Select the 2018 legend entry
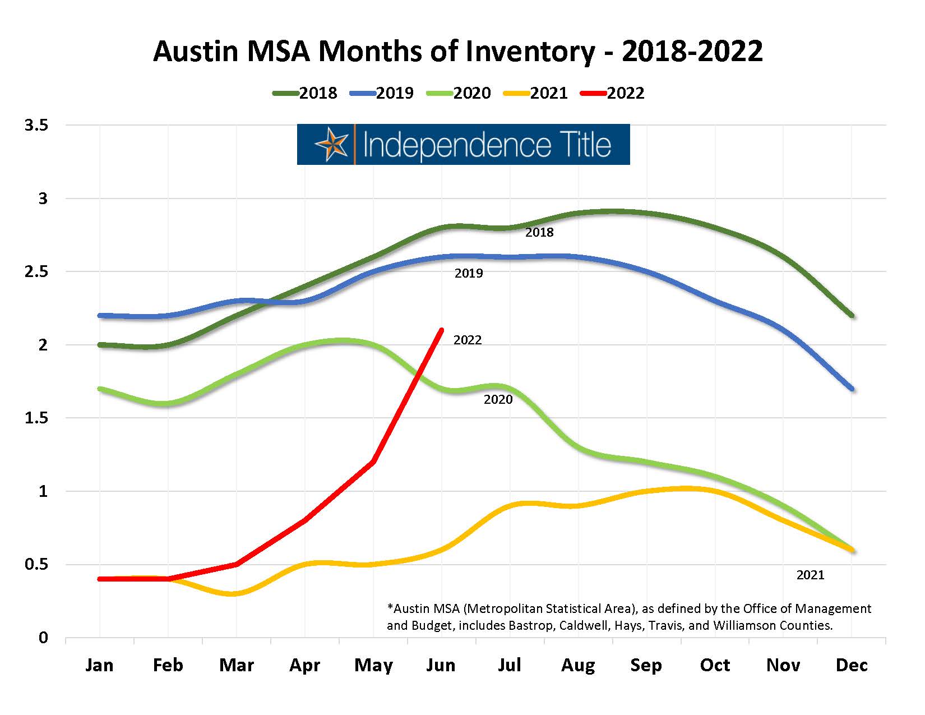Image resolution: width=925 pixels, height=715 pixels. [306, 93]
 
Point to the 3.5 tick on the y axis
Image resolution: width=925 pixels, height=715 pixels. [36, 125]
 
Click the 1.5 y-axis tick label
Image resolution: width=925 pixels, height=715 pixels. [36, 418]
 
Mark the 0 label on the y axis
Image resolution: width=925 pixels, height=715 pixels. [43, 638]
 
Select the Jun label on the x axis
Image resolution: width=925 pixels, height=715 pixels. [441, 665]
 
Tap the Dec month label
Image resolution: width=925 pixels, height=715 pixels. [852, 665]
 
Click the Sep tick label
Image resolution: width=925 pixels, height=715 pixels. [646, 665]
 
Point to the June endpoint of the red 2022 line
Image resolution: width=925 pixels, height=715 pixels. [442, 330]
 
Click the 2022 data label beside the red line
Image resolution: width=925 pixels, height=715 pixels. [468, 340]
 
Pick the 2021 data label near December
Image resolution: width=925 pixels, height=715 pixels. [811, 575]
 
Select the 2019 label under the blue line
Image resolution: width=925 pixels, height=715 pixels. [469, 274]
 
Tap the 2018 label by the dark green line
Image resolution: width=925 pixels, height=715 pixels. [539, 232]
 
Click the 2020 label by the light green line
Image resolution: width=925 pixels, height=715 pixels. [498, 399]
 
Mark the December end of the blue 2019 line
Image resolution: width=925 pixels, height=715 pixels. [852, 389]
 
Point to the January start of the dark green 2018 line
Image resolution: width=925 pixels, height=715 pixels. [100, 345]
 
